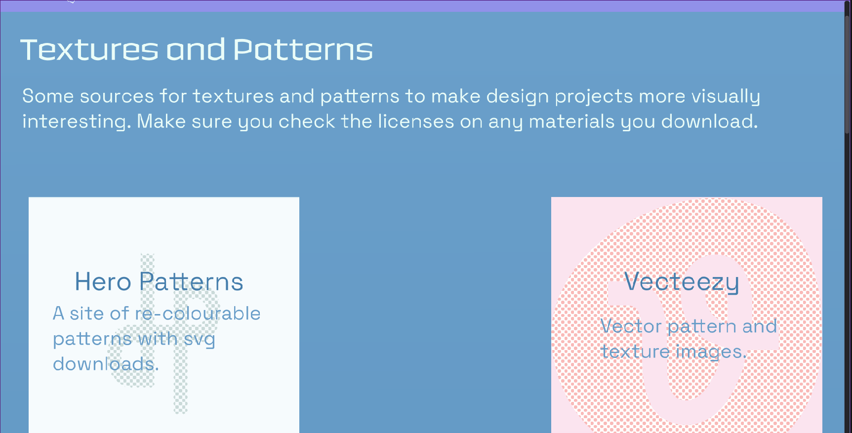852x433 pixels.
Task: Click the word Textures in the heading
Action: (x=89, y=49)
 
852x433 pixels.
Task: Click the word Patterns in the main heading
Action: (x=303, y=49)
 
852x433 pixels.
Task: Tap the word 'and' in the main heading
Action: (x=196, y=49)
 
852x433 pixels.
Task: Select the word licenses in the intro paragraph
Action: (x=416, y=121)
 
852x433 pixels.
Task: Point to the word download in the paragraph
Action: (x=709, y=121)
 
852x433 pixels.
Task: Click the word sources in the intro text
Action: (x=117, y=96)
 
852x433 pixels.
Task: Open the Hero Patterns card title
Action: (x=159, y=282)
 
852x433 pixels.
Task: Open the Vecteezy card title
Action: (x=682, y=282)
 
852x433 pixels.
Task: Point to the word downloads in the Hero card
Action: (x=106, y=364)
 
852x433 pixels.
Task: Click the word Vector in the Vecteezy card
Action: (x=631, y=326)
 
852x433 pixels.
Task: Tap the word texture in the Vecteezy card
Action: (x=635, y=352)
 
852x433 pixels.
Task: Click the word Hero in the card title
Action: (x=103, y=282)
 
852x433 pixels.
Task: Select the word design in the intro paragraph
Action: (x=518, y=97)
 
